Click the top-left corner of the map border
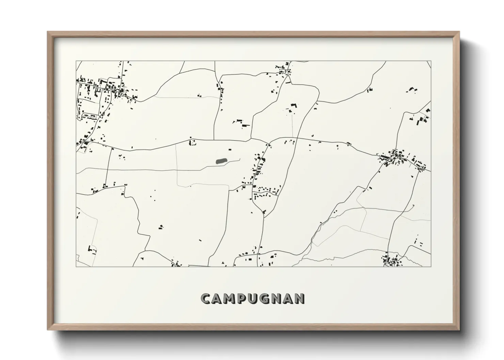(x=76, y=61)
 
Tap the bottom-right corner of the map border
(x=431, y=266)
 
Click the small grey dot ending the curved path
(x=413, y=205)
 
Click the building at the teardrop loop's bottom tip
(x=264, y=212)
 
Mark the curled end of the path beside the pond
(x=240, y=159)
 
